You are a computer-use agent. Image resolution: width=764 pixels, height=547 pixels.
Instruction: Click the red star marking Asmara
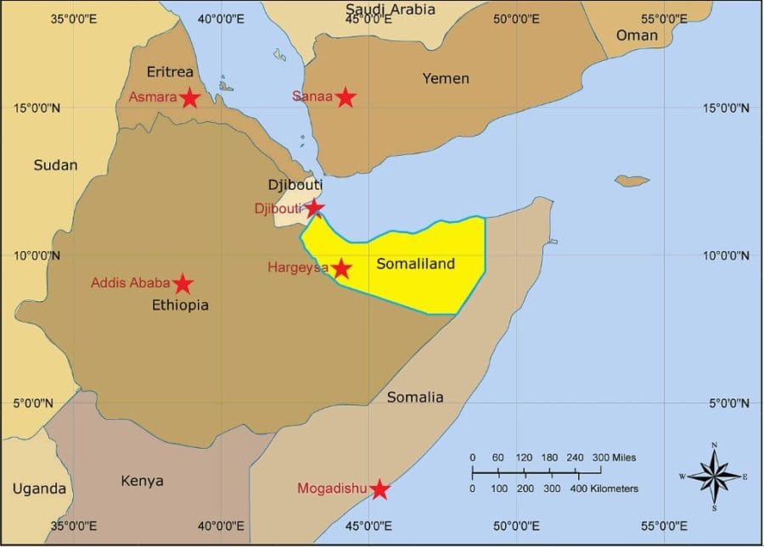190,98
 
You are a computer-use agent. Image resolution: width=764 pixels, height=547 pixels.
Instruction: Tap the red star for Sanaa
345,97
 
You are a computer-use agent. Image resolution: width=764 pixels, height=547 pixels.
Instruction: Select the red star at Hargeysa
341,269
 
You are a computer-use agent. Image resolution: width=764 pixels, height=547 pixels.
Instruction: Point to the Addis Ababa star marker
183,284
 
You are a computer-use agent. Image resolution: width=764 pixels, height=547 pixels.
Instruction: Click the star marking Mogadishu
379,489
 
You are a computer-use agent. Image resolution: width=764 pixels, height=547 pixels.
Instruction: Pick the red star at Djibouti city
314,207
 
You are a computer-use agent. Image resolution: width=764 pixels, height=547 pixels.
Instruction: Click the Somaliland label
415,264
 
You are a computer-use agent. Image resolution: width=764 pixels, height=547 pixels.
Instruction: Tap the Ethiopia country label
179,305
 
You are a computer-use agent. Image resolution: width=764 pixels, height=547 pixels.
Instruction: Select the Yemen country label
446,79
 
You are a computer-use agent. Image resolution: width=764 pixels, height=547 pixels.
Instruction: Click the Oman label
637,36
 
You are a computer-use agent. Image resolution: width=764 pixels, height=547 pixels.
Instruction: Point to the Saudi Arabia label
390,9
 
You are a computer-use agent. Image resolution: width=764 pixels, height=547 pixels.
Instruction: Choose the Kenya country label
142,481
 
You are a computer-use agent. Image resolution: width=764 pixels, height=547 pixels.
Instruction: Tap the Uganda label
39,488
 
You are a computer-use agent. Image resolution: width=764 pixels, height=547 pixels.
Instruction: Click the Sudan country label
55,165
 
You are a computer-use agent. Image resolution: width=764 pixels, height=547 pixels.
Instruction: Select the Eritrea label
170,71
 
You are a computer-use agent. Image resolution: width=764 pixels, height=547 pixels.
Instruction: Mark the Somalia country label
415,397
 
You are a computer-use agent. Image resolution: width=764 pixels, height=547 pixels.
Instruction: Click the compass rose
715,476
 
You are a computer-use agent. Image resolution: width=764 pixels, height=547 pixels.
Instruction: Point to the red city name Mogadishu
332,488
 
